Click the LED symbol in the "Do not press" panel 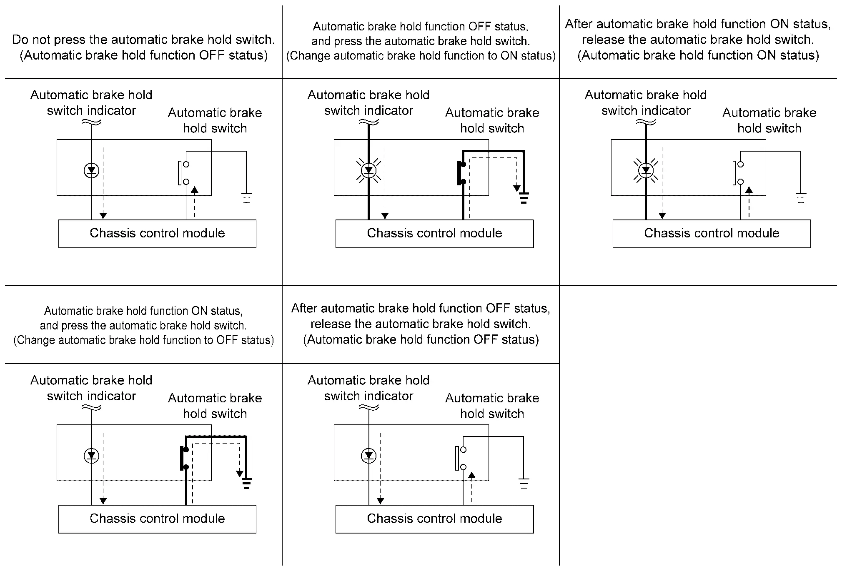91,170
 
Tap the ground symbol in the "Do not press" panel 246,197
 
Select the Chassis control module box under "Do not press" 157,234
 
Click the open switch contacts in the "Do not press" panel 183,173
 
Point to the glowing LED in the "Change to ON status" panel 368,170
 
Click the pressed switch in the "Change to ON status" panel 461,173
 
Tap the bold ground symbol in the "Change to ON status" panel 524,198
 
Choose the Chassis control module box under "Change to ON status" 434,234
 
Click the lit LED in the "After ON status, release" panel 646,170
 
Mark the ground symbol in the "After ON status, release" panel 801,197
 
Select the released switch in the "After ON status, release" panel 738,173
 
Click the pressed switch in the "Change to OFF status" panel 184,458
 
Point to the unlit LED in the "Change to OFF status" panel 91,456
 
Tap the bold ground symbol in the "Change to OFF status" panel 246,483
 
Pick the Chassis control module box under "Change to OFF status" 157,519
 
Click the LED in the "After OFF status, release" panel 368,456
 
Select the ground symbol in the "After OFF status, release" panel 524,483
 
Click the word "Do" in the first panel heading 19,40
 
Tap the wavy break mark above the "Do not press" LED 91,122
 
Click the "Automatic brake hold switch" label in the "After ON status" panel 769,120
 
